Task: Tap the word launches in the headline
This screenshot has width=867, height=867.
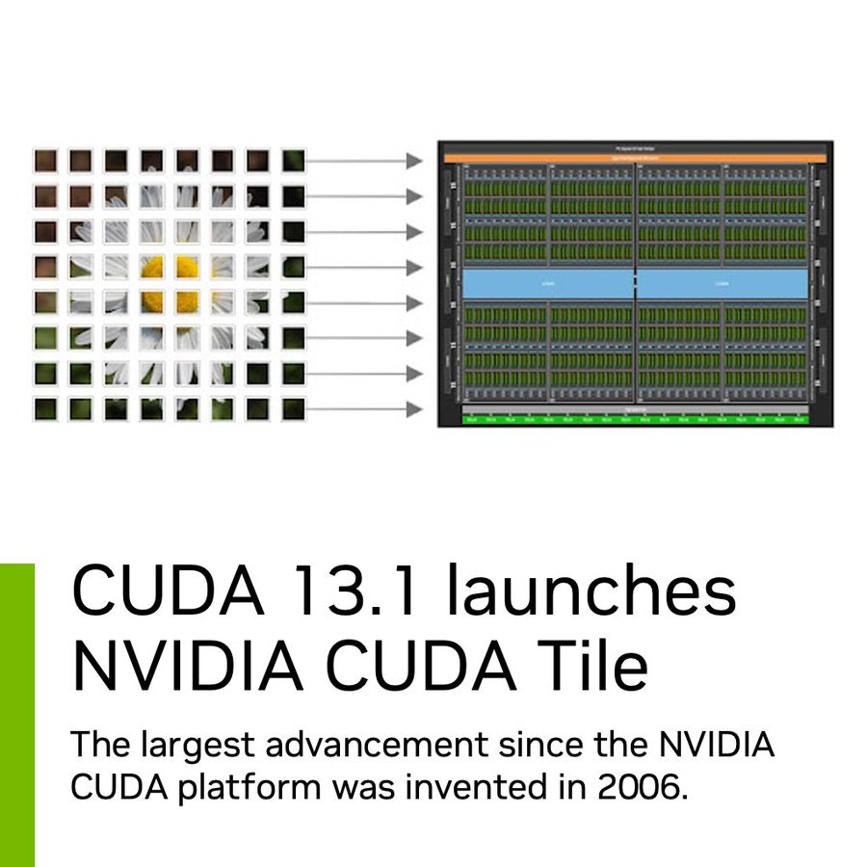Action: [590, 593]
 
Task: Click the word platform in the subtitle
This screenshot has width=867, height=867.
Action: [243, 786]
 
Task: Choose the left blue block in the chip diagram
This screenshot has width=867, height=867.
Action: [548, 283]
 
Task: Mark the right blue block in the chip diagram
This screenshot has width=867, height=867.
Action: [722, 283]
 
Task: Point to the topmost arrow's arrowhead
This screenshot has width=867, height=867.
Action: [415, 161]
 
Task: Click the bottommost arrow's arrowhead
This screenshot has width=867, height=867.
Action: [415, 409]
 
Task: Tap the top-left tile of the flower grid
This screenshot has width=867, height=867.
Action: [44, 160]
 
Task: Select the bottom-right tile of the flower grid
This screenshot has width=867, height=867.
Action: [293, 408]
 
